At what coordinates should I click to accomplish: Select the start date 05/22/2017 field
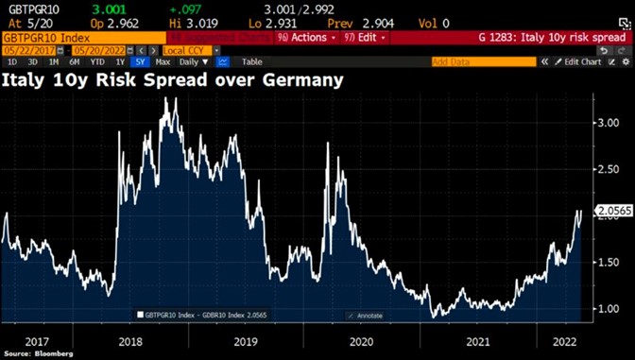(28, 50)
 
